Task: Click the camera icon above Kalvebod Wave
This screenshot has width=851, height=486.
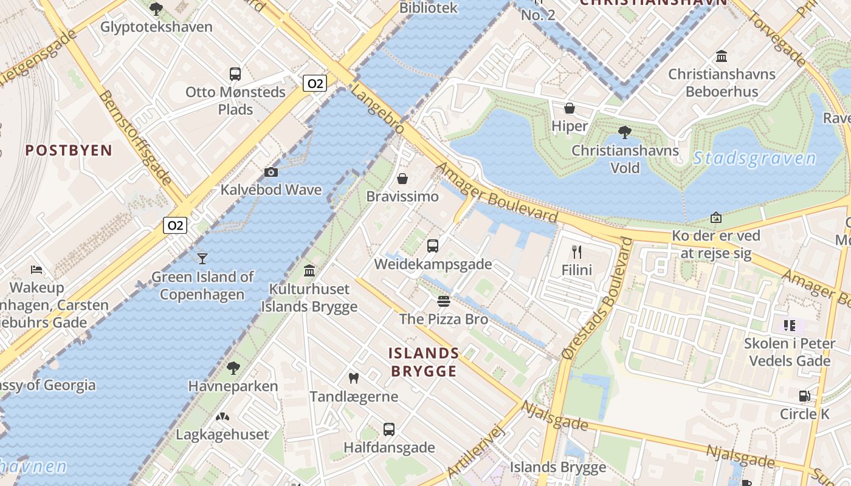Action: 271,173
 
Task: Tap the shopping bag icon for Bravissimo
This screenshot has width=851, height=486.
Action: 402,179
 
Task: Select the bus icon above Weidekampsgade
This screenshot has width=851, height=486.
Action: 432,246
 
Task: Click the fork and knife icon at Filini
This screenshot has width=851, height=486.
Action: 576,252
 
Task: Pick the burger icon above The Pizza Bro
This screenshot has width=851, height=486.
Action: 443,301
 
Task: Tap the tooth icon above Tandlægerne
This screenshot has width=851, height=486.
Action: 353,378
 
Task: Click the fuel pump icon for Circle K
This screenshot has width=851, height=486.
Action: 804,396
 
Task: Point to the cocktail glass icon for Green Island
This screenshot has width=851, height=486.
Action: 202,259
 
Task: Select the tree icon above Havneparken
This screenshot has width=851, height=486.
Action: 233,368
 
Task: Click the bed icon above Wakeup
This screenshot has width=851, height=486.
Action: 36,269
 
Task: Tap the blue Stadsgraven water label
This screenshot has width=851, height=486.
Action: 754,159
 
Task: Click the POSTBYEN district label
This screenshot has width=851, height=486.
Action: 69,150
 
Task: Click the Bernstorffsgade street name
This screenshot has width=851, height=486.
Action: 135,138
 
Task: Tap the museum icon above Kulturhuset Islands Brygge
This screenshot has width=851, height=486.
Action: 309,271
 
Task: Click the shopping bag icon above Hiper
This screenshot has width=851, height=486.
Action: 570,108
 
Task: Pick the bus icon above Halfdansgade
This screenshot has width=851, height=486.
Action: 389,430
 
